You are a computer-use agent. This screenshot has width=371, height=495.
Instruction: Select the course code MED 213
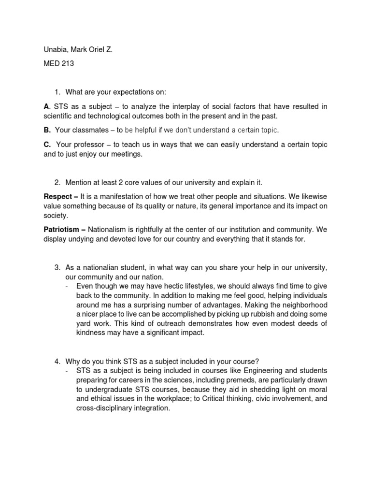pyautogui.click(x=59, y=63)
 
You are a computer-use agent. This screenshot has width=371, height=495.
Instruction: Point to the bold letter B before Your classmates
pyautogui.click(x=47, y=130)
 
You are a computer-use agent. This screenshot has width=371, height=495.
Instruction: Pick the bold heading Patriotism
pyautogui.click(x=62, y=230)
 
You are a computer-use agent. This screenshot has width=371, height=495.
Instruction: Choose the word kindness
pyautogui.click(x=91, y=333)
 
